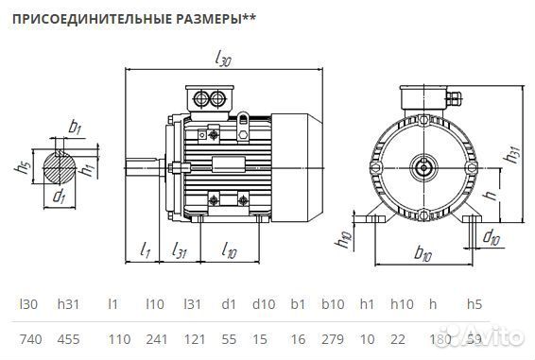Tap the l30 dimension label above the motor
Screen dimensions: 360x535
coord(224,59)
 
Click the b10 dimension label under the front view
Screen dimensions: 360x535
coord(423,255)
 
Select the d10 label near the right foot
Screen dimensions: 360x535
coord(492,236)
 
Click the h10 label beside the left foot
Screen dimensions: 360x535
coord(346,239)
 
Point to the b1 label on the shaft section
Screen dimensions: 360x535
coord(76,127)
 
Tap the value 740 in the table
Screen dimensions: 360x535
coord(30,338)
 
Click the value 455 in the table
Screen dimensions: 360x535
coord(70,338)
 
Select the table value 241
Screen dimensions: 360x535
coord(155,338)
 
